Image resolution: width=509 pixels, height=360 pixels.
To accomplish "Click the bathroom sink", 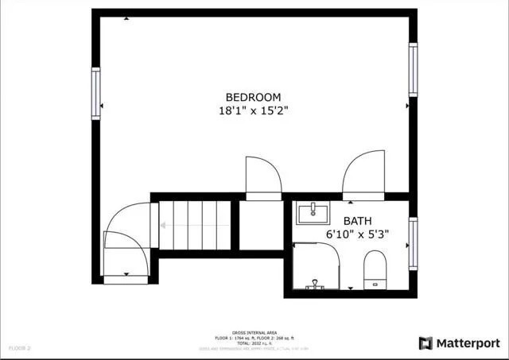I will coord(315,213).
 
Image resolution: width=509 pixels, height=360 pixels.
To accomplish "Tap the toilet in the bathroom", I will coord(374,269).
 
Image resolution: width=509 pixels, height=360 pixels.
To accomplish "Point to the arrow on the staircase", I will coord(163,225).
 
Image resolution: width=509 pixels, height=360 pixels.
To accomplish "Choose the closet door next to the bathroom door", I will coord(262,176).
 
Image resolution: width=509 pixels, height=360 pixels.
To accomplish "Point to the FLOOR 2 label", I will coord(20,348).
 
